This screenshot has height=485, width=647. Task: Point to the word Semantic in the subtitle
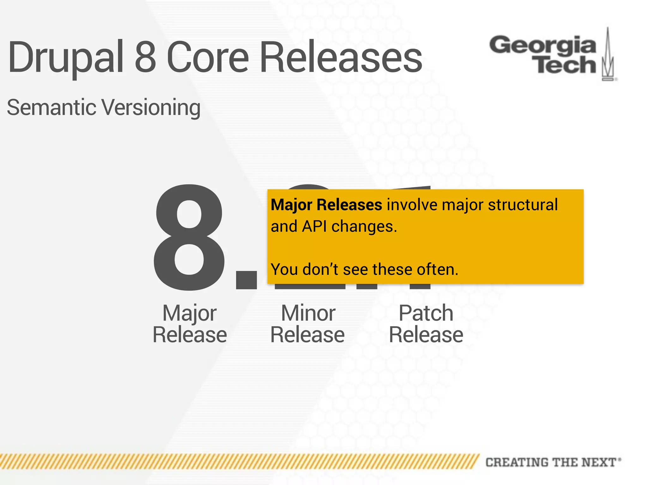(51, 107)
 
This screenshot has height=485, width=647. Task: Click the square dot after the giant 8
(246, 280)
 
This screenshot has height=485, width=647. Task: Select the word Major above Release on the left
(189, 314)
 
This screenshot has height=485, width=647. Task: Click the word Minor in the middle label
(308, 314)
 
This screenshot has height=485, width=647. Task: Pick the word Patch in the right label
(426, 314)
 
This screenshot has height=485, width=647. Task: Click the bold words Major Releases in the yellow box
(326, 205)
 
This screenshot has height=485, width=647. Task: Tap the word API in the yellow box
(314, 226)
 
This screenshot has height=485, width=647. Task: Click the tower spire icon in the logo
(608, 55)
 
